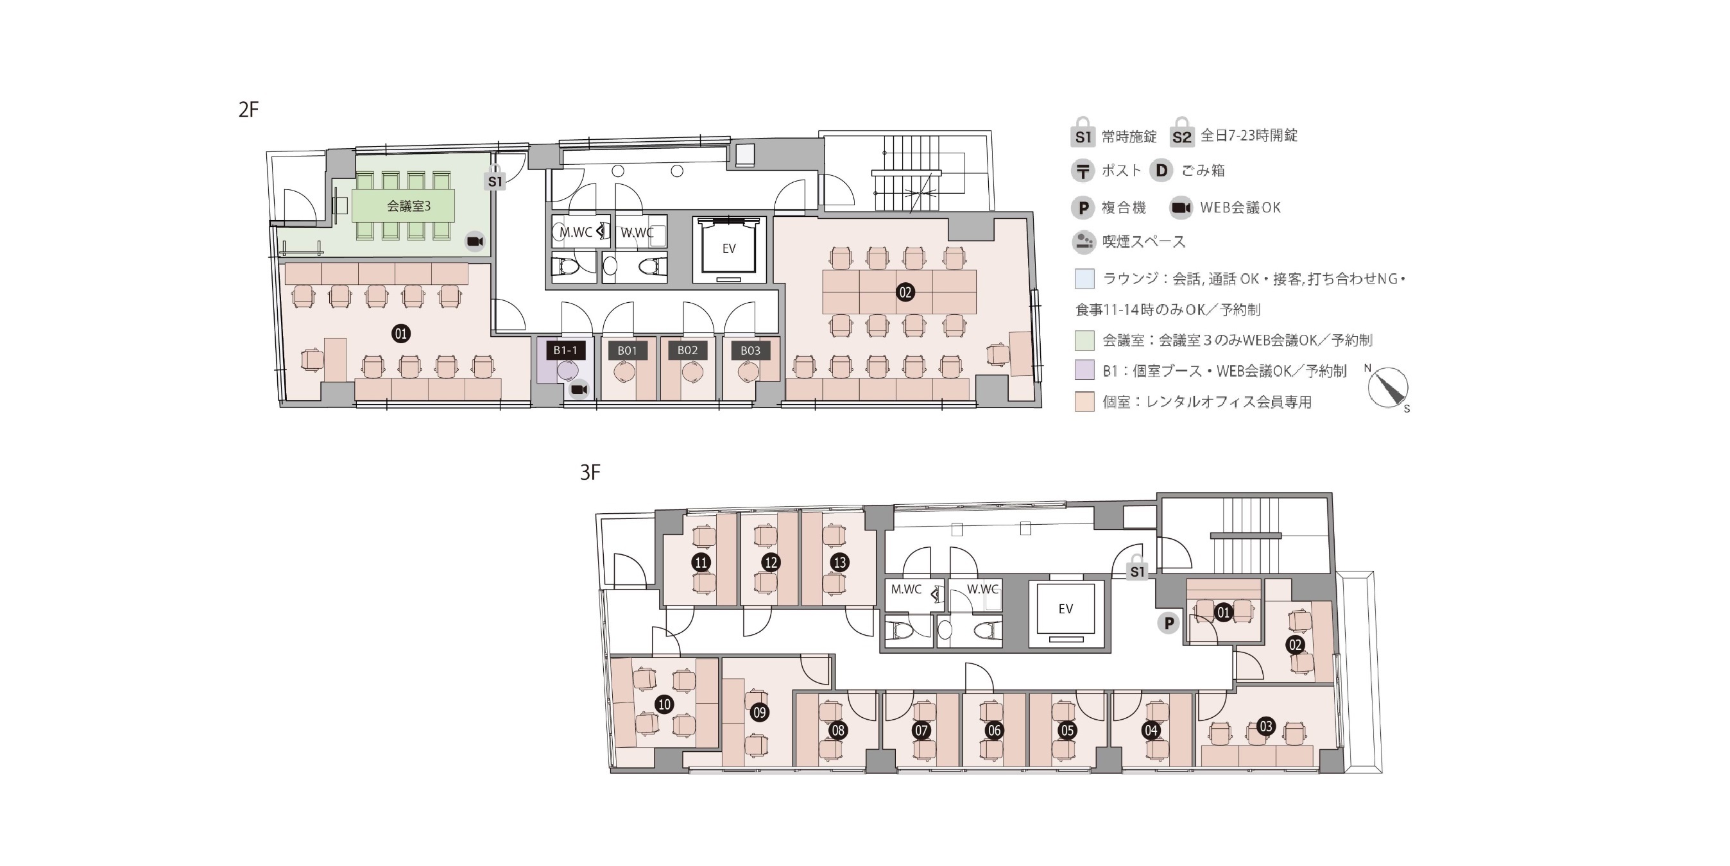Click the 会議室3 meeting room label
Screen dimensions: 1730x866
coord(408,206)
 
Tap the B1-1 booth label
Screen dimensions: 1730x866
coord(565,350)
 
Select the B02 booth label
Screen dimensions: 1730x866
coord(687,350)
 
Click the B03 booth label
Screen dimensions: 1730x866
coord(750,350)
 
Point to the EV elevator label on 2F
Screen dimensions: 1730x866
coord(729,248)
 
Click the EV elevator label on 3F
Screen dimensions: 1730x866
coord(1065,609)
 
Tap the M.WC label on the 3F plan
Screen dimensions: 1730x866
coord(906,590)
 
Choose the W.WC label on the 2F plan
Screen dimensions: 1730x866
coord(637,233)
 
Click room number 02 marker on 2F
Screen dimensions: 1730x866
coord(905,292)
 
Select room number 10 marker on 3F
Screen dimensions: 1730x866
coord(664,704)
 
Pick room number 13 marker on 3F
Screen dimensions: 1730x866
coord(839,563)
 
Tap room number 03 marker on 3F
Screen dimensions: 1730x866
coord(1266,726)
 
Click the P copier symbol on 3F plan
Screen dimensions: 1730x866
coord(1169,624)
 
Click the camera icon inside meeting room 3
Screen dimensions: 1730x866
coord(475,242)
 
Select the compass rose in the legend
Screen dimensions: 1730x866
coord(1387,387)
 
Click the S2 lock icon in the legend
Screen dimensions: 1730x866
coord(1181,133)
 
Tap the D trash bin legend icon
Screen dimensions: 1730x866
coord(1160,171)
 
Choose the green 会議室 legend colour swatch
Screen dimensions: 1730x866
coord(1084,341)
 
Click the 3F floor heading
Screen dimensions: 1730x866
coord(590,473)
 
